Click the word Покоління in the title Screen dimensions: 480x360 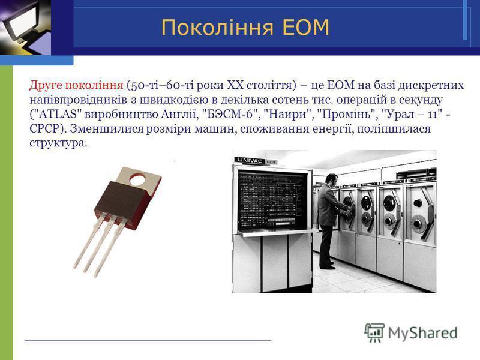[217, 27]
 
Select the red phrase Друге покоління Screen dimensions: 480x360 [76, 85]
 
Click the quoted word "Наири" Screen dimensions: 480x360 [287, 114]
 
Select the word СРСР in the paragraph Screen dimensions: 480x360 [44, 129]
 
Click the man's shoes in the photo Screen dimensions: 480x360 [326, 266]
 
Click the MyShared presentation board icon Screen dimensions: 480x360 [374, 332]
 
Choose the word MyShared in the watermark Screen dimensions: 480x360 [422, 333]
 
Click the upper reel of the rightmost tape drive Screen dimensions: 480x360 [418, 203]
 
